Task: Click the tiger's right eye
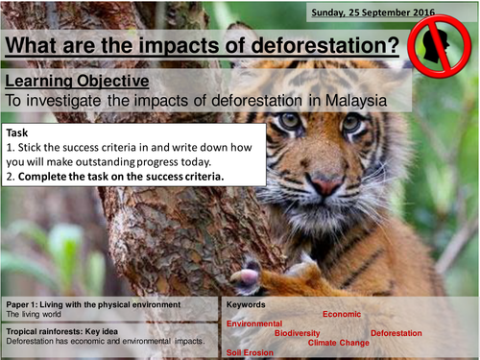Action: tap(352, 123)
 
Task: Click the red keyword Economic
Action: tap(341, 314)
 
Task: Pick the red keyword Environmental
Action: tap(254, 324)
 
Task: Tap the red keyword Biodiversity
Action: tap(299, 332)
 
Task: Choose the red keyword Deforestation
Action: tap(396, 332)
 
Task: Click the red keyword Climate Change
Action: tap(338, 342)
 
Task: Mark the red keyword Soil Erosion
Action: tap(251, 351)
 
